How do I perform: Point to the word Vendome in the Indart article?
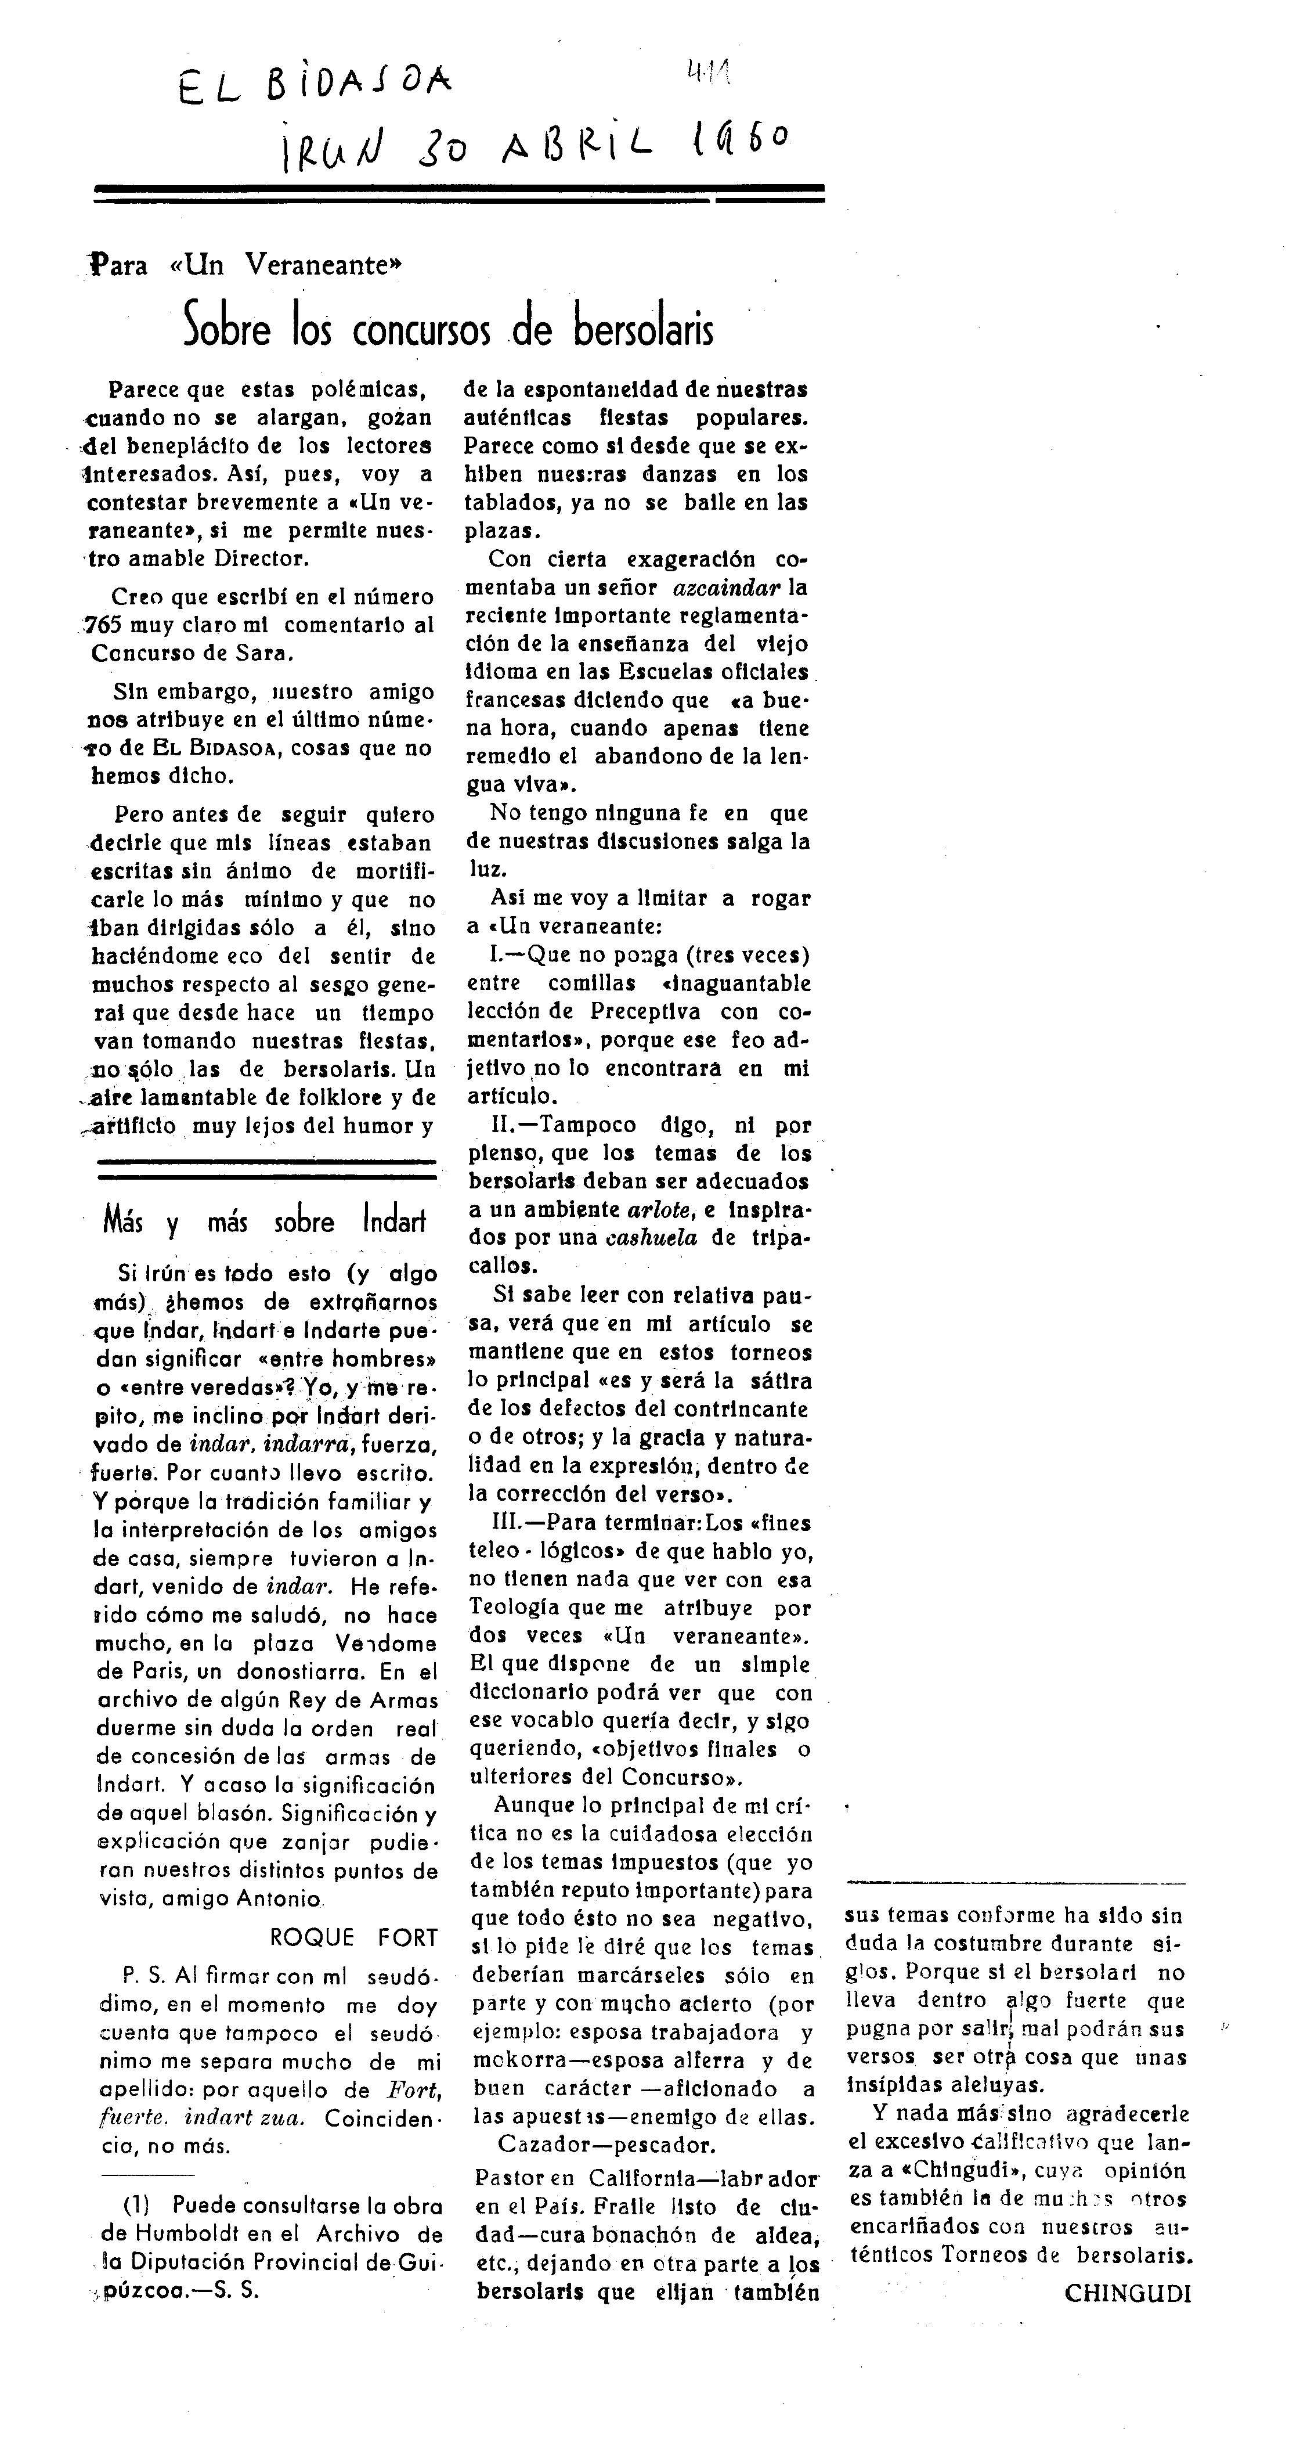point(387,1645)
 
